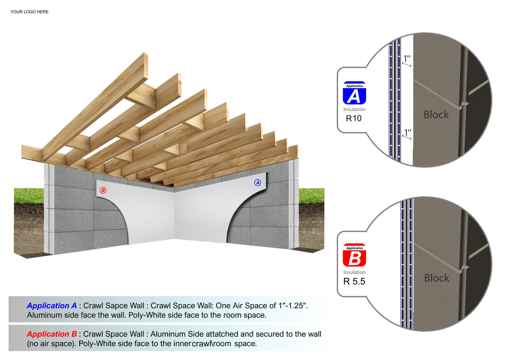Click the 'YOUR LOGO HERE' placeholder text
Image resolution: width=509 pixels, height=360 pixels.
29,12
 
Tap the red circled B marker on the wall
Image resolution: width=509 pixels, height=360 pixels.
103,190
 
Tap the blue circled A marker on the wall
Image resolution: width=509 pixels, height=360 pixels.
257,182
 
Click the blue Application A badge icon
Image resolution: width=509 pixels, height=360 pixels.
354,93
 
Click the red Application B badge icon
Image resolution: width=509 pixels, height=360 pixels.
354,255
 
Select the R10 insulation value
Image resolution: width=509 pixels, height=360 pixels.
354,118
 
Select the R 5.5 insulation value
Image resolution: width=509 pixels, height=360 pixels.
354,281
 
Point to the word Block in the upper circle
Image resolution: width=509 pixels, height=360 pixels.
436,114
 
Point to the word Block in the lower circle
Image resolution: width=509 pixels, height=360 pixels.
436,278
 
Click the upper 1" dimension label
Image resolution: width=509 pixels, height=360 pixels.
407,58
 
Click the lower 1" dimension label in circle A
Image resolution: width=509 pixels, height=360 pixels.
408,132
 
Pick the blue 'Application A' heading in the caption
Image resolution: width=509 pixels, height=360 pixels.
52,306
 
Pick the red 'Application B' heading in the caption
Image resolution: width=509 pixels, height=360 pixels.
52,334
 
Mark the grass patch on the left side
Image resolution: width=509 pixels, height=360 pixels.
29,196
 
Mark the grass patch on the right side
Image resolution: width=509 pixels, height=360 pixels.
311,196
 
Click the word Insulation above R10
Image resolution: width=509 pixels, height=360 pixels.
354,109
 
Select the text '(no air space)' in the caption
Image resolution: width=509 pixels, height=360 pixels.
51,344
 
